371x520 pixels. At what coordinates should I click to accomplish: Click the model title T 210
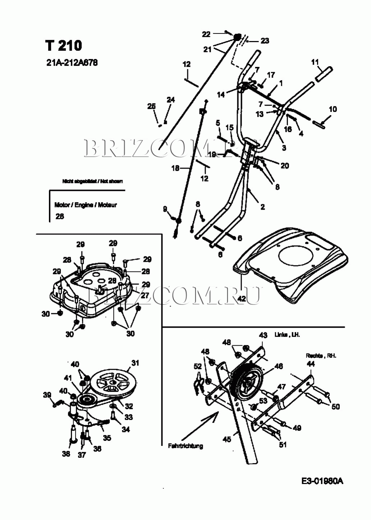click(x=64, y=46)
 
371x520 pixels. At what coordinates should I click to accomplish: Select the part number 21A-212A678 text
click(x=72, y=63)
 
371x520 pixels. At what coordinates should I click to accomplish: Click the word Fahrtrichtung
click(x=185, y=446)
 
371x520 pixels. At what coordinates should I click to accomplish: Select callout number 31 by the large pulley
click(x=135, y=363)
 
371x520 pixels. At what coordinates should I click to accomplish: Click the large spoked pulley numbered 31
click(x=111, y=384)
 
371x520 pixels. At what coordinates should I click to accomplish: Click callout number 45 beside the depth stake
click(x=227, y=439)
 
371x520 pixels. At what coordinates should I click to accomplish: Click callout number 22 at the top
click(x=206, y=34)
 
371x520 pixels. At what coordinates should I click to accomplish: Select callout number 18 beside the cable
click(x=175, y=168)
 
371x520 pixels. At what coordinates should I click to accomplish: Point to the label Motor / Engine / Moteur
click(x=86, y=205)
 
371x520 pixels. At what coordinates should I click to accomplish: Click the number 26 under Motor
click(x=60, y=216)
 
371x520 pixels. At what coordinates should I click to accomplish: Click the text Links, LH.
click(x=287, y=334)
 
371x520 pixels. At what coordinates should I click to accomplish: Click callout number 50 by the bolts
click(x=335, y=406)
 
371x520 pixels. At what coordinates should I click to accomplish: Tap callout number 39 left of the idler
click(x=47, y=395)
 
